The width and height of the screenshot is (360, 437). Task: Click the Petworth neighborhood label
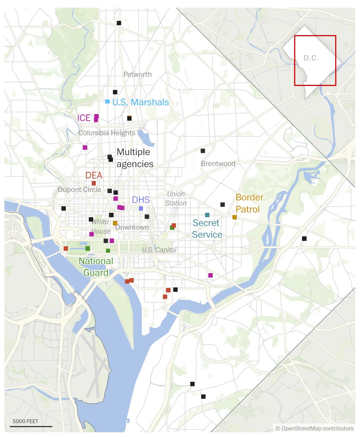point(137,75)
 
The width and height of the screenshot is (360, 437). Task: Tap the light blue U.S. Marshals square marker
point(107,101)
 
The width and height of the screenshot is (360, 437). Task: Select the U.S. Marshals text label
point(141,102)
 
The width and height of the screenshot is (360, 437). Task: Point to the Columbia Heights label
point(107,133)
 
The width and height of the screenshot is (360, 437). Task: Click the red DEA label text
point(94,176)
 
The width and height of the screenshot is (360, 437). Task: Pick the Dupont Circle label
point(79,190)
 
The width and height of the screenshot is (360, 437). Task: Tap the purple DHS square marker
point(141,208)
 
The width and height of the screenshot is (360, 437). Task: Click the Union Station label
point(176,199)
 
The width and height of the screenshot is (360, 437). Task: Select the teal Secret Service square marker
point(207,215)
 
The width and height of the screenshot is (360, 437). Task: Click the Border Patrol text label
point(249,203)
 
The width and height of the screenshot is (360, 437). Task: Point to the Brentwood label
point(218,163)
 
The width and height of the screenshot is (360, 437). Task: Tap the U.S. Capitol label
point(159,250)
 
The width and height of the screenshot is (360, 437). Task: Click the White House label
point(101,226)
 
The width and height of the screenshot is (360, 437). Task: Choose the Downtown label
point(132,227)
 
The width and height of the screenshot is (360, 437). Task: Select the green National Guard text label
point(96,267)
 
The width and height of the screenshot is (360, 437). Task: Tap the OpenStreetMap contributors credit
point(315,429)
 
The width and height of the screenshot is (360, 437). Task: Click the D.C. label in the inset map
point(311,58)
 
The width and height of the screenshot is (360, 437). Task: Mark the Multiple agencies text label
point(134,158)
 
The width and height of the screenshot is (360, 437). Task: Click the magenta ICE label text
point(84,118)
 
